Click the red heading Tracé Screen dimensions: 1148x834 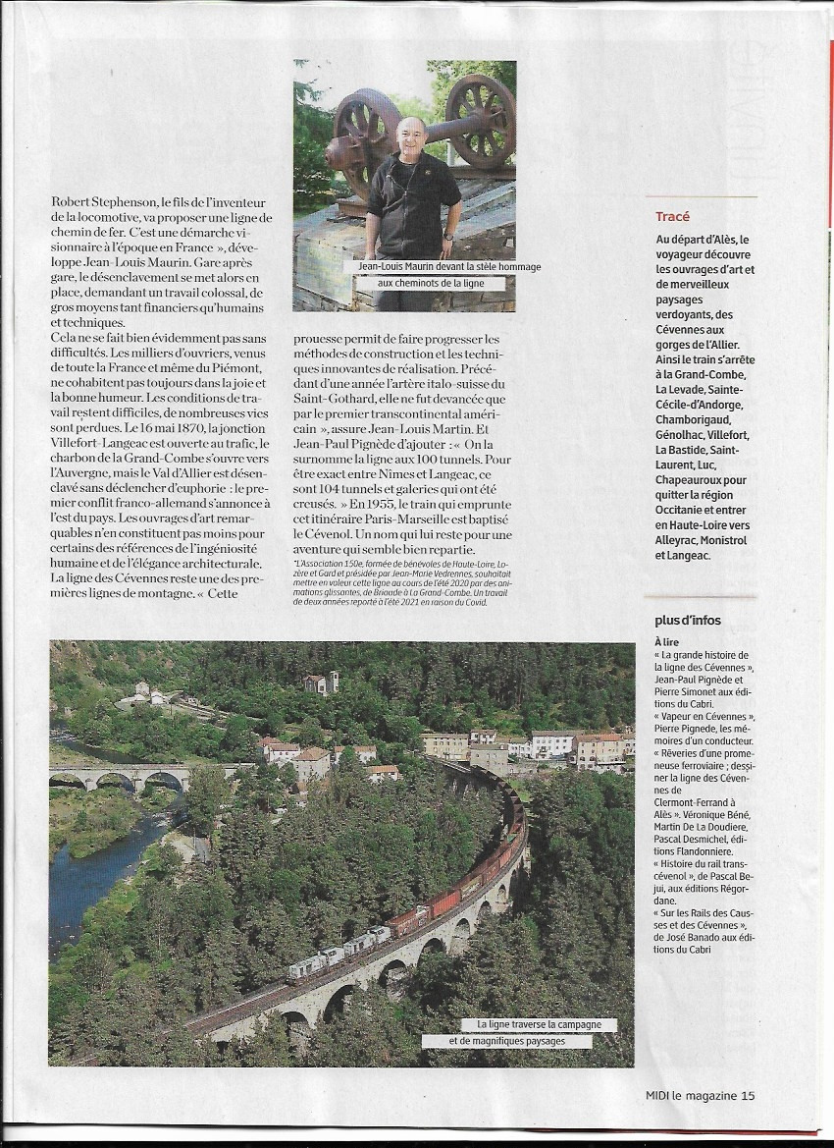point(673,216)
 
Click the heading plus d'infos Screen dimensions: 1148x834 point(688,620)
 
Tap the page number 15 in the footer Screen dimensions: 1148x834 point(749,1096)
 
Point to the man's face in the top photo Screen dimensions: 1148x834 point(410,136)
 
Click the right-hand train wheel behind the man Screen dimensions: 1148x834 point(480,119)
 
